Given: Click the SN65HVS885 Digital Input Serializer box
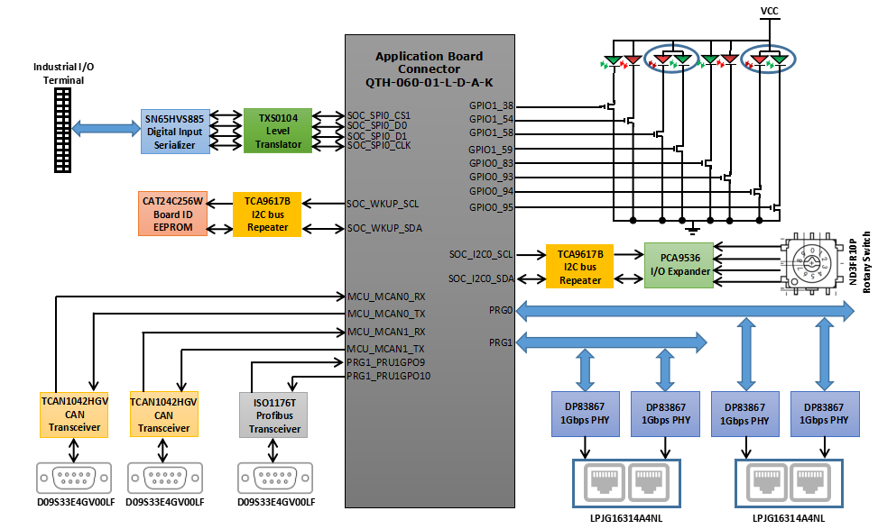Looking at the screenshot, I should point(175,132).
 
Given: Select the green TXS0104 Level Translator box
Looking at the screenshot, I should point(278,131).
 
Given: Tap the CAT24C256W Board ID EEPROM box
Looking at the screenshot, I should point(172,214).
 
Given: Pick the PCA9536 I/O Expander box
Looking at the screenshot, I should point(678,265).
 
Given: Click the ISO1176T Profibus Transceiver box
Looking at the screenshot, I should point(274,415).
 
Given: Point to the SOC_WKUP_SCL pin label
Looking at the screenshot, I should point(383,204).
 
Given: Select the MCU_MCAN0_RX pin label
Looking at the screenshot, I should point(385,296).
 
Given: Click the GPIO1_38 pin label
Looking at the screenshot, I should point(491,105).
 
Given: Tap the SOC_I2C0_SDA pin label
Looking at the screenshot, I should point(481,278).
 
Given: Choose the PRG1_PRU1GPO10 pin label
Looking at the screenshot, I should point(389,376).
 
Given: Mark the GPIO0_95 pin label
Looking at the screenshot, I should point(491,207).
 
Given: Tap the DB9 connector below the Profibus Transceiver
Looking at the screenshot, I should point(274,478).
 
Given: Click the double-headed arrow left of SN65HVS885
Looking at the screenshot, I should point(106,129).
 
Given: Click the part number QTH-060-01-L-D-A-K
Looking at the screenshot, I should point(429,82).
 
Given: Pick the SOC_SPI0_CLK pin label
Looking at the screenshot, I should point(379,145).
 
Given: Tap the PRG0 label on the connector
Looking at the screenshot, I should point(501,310).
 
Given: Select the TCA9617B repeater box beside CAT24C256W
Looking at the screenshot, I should point(267,214).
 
